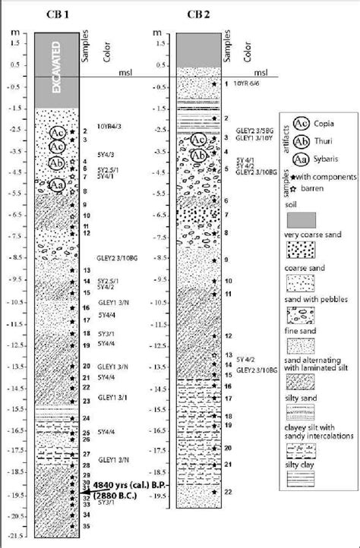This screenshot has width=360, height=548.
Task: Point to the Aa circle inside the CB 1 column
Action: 56,184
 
